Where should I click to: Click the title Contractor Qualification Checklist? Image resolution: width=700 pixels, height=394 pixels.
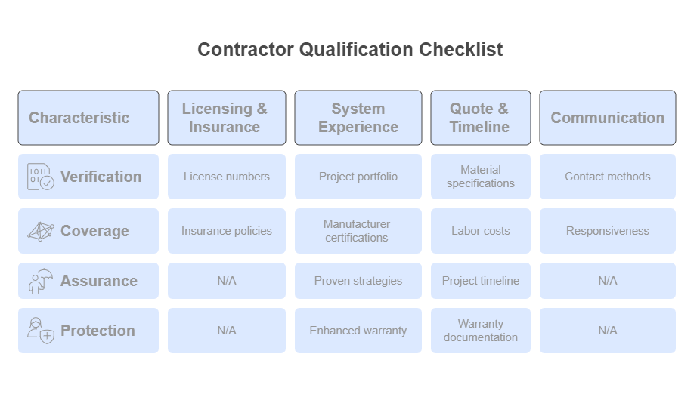350,50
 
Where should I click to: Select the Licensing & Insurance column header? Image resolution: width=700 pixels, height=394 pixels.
227,118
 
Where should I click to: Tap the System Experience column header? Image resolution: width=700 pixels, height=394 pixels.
358,118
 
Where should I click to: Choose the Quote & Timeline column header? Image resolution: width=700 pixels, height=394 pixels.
481,118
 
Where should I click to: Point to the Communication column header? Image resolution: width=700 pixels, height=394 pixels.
608,118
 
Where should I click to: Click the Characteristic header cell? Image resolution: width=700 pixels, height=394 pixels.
88,118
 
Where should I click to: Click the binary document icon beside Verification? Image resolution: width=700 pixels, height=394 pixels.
41,177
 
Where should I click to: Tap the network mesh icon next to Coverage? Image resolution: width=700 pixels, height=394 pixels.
41,231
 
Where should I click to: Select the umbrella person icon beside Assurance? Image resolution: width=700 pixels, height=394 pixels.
41,281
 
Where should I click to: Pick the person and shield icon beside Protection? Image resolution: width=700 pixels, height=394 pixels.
41,331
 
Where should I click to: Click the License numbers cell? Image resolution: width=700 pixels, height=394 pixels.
227,177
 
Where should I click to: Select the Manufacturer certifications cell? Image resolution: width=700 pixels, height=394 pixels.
358,231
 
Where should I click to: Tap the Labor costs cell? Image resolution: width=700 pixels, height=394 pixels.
481,231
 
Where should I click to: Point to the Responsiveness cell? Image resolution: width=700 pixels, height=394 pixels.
608,231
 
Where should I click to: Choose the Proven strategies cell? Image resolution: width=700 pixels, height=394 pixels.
358,281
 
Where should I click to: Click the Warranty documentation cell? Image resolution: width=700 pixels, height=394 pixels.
481,331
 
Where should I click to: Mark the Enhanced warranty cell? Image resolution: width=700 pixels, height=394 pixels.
358,331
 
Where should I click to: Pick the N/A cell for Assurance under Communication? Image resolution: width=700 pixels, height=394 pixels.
608,281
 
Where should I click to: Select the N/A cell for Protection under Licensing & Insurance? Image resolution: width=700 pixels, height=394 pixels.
227,331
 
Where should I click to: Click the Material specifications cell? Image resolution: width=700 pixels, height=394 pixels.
481,177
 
